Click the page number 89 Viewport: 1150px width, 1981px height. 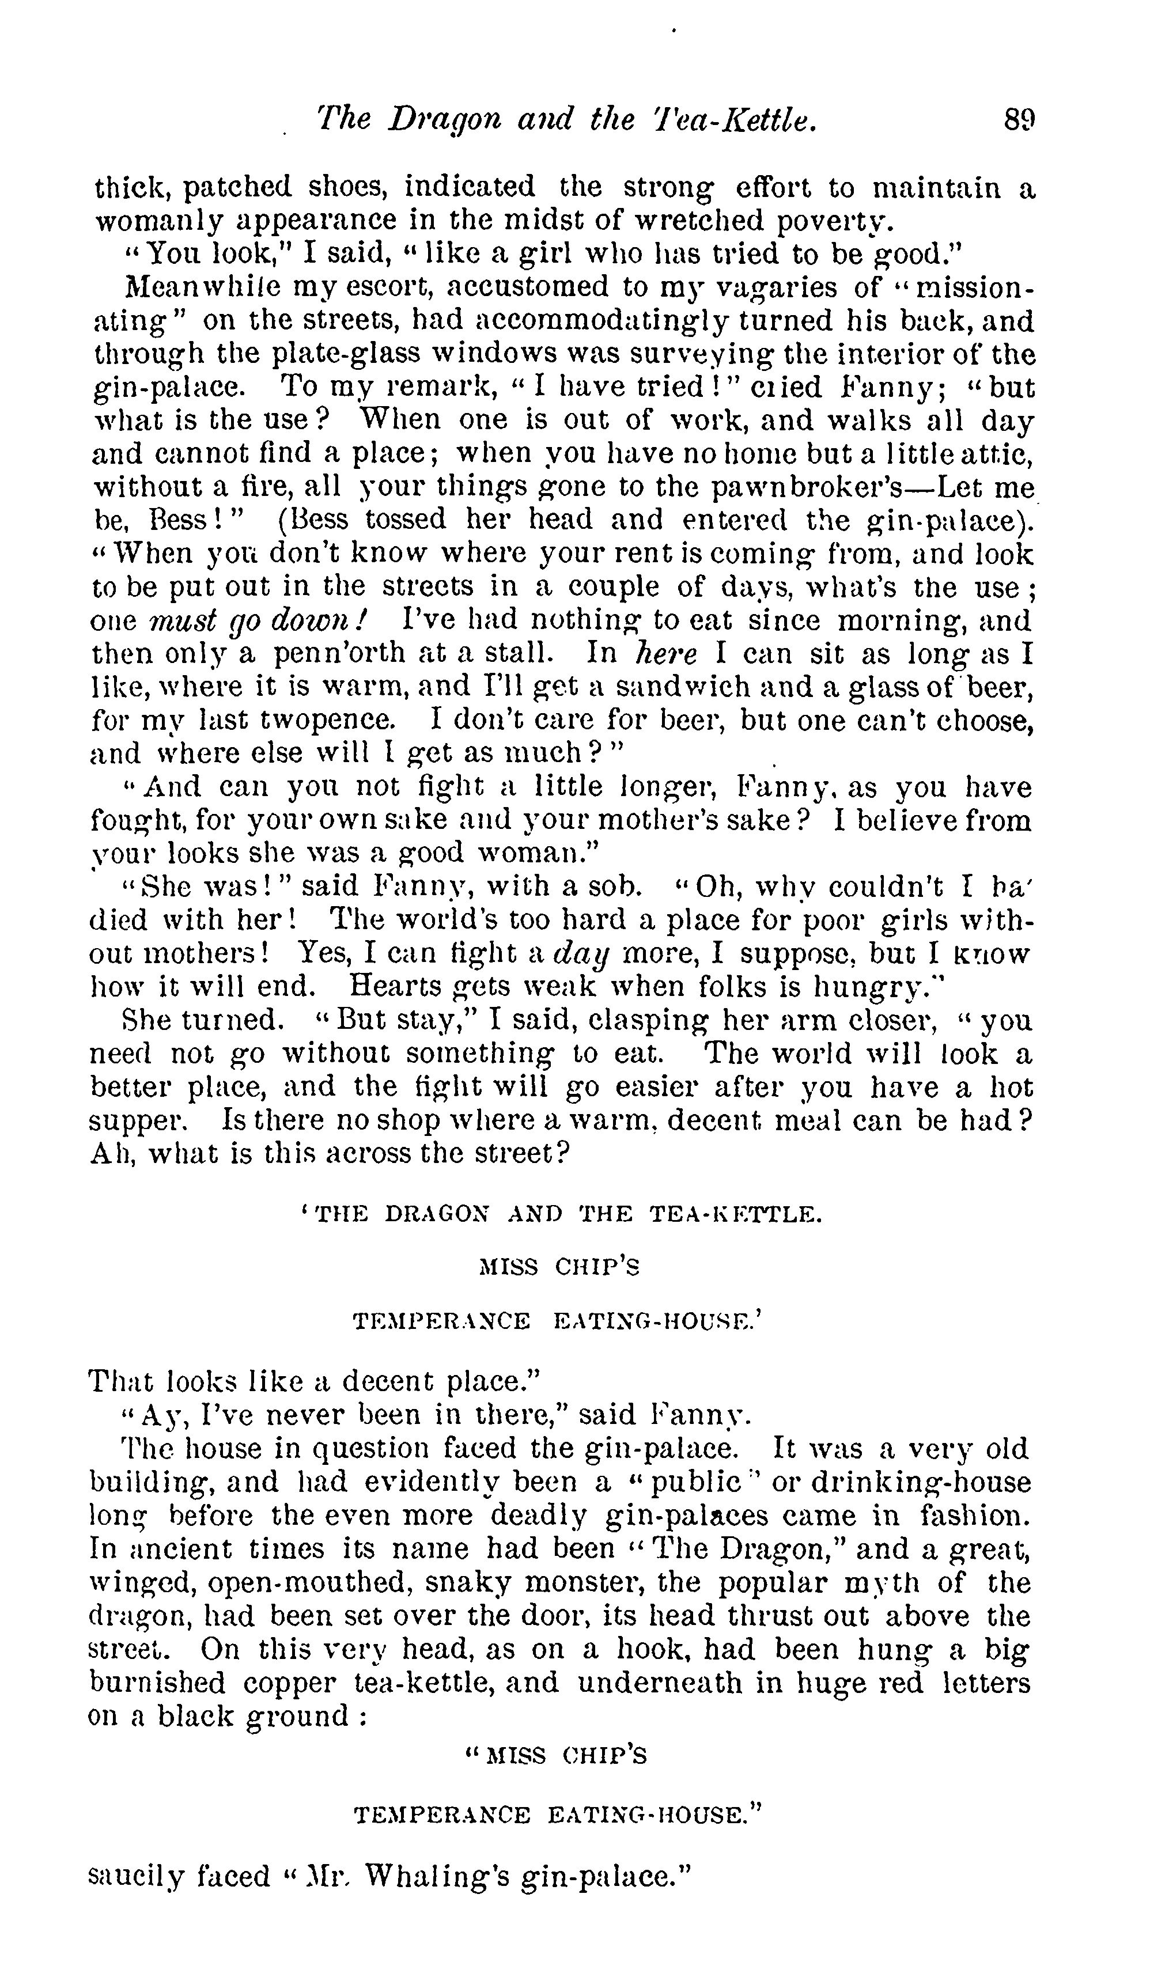pyautogui.click(x=1020, y=121)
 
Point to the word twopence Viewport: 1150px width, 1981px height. pyautogui.click(x=330, y=720)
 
